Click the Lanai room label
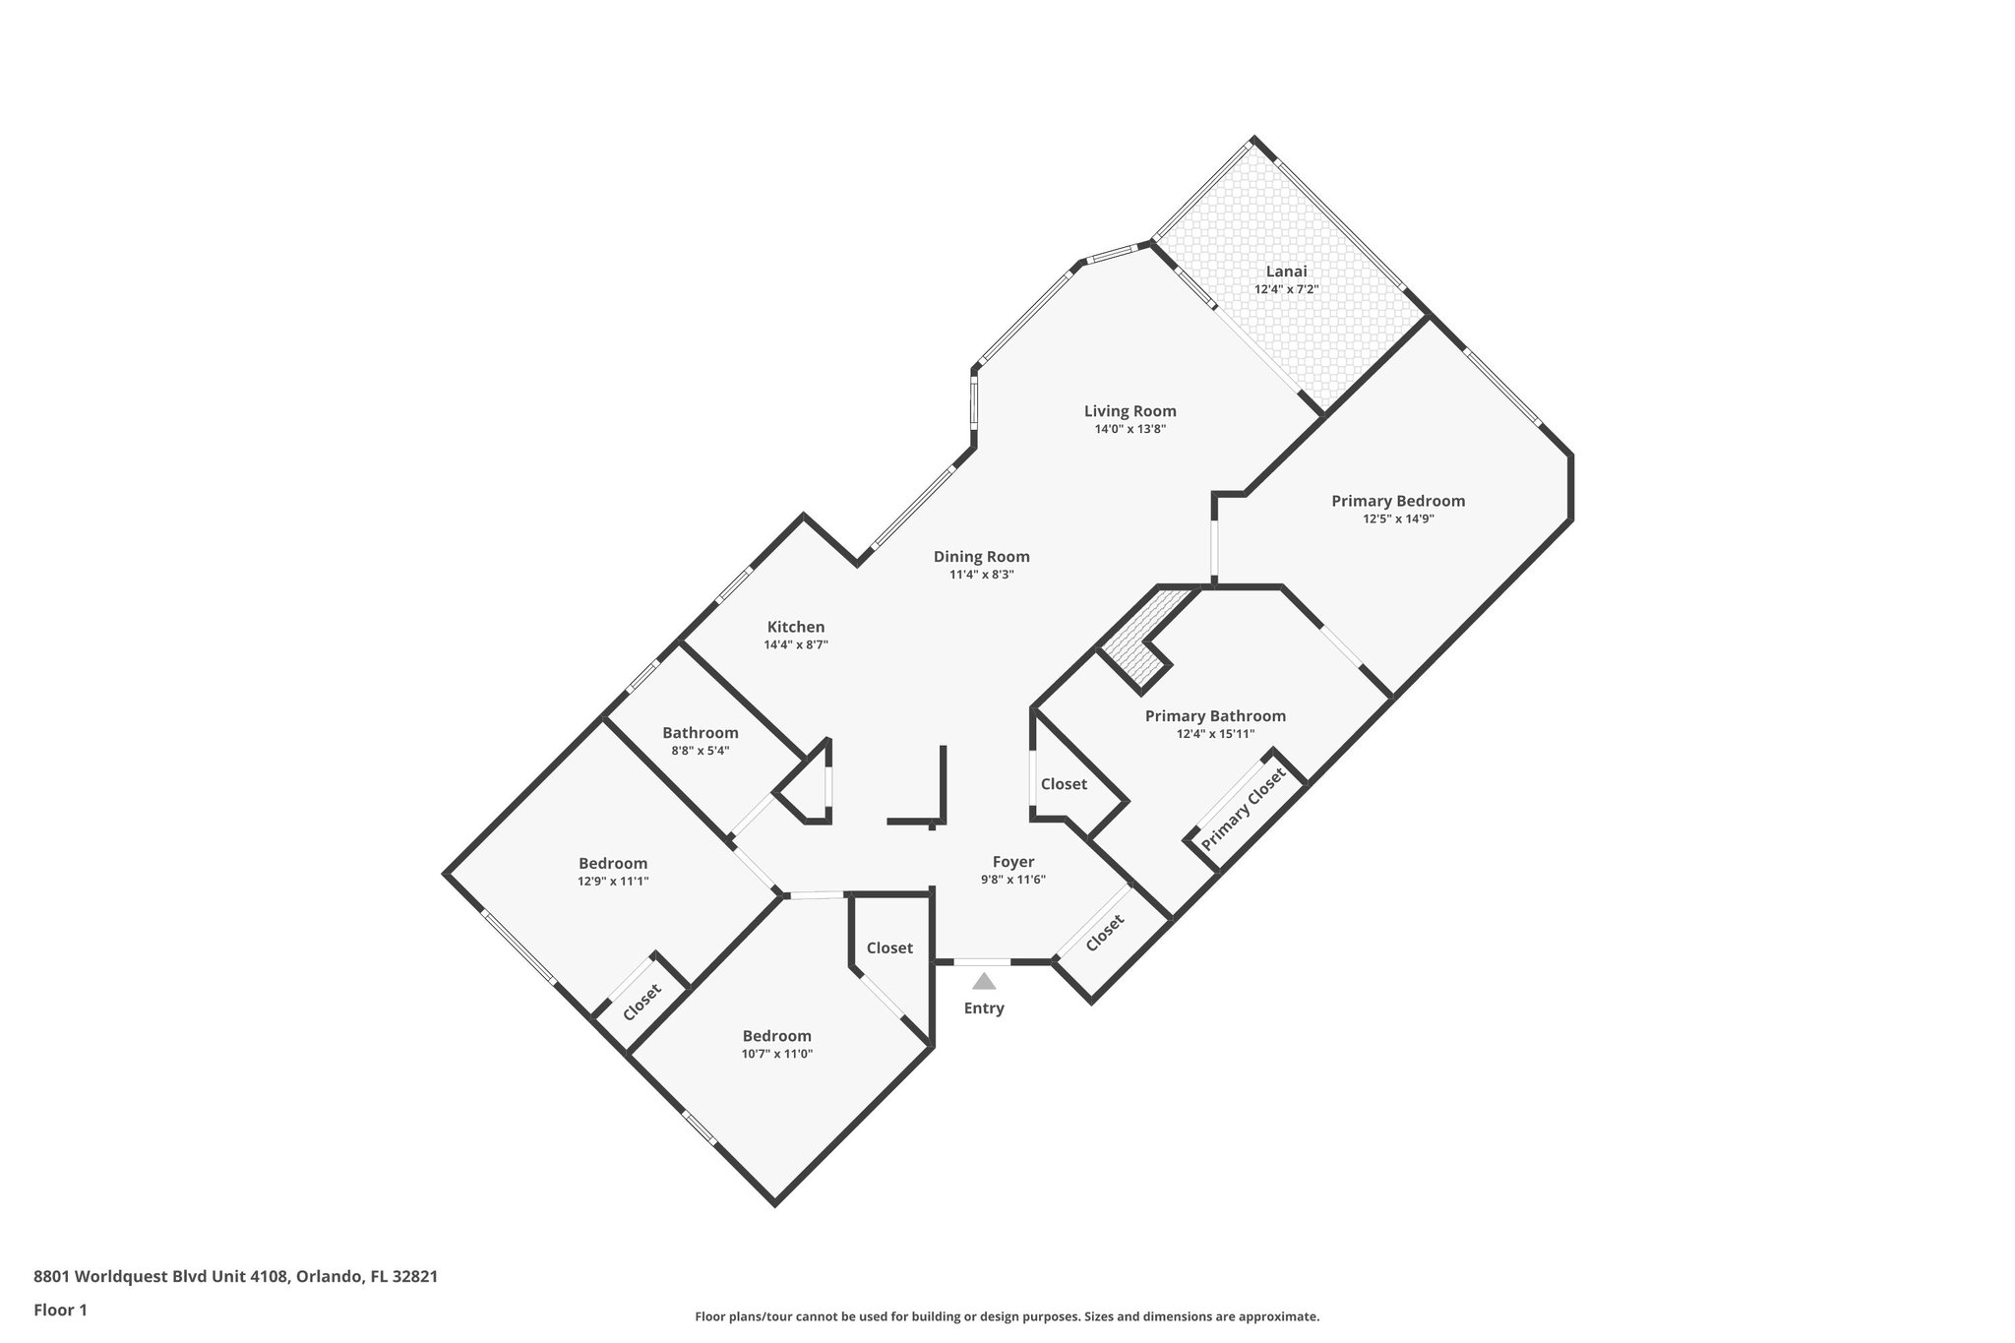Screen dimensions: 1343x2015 click(x=1286, y=272)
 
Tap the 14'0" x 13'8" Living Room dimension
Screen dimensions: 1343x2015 click(x=1130, y=429)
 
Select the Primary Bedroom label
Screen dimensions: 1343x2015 click(x=1397, y=501)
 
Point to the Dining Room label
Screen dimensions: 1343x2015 click(x=981, y=557)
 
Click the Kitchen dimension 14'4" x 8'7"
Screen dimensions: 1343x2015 click(x=795, y=645)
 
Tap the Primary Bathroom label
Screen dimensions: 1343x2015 click(x=1214, y=716)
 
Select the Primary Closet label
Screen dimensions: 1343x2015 click(x=1243, y=810)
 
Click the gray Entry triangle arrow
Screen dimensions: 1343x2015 click(x=984, y=981)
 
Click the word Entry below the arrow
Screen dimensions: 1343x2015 click(x=984, y=1008)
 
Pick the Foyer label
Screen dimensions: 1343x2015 click(x=1012, y=862)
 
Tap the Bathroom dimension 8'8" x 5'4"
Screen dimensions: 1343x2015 click(x=700, y=751)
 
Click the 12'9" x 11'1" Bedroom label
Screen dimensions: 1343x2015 click(x=612, y=864)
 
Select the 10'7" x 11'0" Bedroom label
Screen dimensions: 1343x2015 click(x=776, y=1036)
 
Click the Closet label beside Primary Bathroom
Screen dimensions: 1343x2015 click(x=1064, y=784)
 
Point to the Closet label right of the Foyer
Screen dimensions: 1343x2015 click(x=1104, y=934)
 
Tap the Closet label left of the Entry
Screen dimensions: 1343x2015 click(x=889, y=948)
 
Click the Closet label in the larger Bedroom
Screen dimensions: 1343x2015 click(x=641, y=1004)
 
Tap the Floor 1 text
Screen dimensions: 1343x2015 click(x=60, y=1310)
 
